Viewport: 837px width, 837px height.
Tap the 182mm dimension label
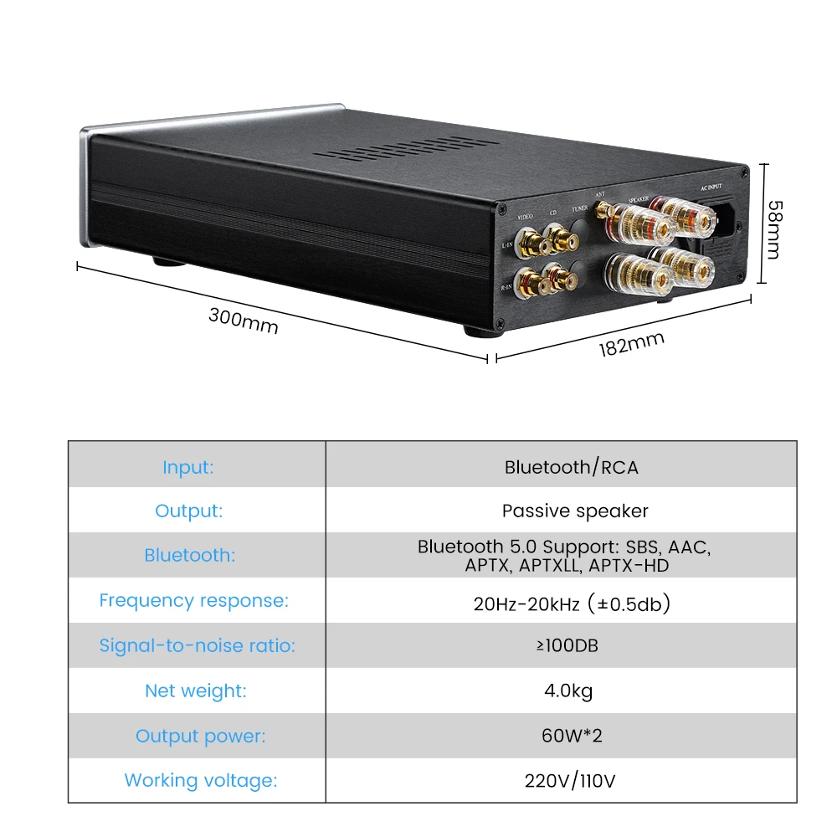631,344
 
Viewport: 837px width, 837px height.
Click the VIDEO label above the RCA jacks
526,216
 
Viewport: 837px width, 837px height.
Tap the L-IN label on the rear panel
506,246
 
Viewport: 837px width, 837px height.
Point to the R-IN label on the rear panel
506,287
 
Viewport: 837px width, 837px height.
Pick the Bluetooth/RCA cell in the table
571,467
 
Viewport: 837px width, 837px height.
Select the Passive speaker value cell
575,511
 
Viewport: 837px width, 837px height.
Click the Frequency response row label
193,600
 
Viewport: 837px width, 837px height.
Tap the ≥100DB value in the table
571,646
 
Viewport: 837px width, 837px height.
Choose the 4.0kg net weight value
569,691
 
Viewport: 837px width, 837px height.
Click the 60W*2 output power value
573,737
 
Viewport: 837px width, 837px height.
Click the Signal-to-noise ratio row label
197,645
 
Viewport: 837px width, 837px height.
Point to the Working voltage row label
200,781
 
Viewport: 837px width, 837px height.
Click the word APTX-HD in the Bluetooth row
629,566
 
